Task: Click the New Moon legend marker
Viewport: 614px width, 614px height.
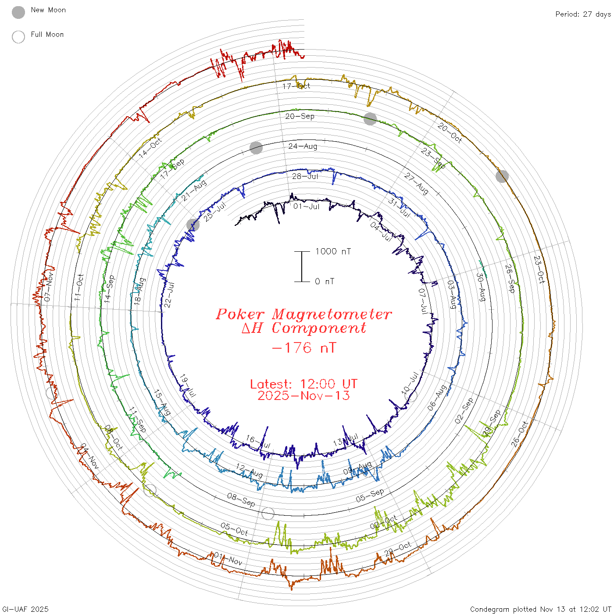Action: click(18, 12)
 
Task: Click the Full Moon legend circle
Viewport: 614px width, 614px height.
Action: click(18, 37)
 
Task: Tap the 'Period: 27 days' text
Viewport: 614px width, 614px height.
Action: click(583, 14)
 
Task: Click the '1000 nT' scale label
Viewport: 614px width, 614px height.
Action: click(333, 251)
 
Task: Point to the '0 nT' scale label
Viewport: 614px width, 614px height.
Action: click(325, 282)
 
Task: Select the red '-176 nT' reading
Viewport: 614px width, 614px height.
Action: click(304, 348)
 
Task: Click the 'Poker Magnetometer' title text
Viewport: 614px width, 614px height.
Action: click(304, 314)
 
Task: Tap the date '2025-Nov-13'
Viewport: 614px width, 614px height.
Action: click(303, 396)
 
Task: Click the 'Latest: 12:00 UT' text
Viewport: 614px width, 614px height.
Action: click(303, 384)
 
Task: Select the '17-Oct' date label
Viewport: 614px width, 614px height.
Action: click(296, 86)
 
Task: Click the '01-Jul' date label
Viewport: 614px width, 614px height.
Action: click(306, 206)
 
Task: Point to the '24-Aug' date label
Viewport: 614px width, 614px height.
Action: click(303, 146)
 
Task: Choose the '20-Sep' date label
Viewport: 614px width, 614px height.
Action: click(300, 116)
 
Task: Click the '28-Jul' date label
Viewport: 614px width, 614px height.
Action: click(305, 176)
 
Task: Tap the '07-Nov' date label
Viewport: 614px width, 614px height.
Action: click(49, 287)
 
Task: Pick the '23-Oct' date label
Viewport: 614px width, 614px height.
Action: click(539, 269)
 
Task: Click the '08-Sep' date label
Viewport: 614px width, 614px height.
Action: click(241, 500)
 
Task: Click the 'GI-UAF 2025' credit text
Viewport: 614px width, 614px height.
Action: click(25, 609)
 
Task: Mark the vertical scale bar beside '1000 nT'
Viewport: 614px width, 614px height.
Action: click(302, 267)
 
